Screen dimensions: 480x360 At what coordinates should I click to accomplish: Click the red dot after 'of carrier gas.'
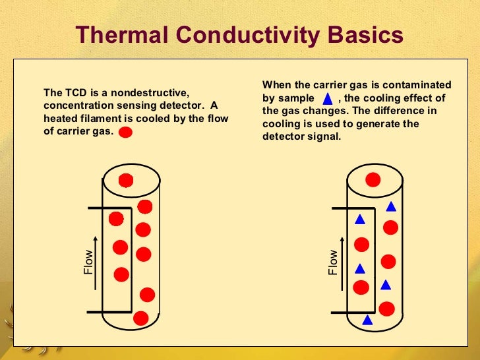[x=125, y=132]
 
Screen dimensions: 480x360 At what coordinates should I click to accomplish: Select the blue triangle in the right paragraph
[x=328, y=100]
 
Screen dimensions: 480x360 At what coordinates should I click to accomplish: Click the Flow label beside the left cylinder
[x=89, y=262]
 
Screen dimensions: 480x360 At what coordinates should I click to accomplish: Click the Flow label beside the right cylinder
[x=333, y=262]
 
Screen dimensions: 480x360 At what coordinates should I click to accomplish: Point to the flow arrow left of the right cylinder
[x=342, y=260]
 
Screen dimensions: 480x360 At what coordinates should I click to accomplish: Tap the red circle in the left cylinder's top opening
[x=126, y=180]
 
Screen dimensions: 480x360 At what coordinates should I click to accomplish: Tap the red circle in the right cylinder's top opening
[x=373, y=179]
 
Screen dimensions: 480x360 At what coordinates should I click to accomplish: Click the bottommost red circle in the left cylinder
[x=140, y=318]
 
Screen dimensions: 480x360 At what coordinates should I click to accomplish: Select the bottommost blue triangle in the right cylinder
[x=368, y=320]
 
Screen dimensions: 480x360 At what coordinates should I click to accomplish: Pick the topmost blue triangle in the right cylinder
[x=391, y=206]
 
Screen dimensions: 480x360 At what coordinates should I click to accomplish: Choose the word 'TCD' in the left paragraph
[x=73, y=93]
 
